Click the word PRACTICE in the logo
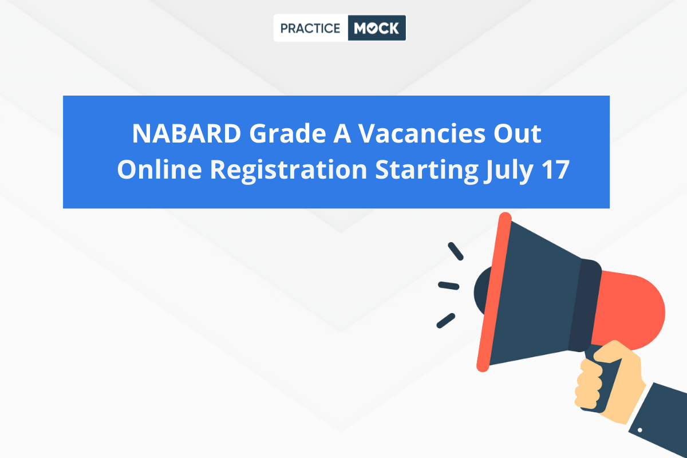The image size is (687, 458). [310, 29]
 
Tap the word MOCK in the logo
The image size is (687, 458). [376, 28]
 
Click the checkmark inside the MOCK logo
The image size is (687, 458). [372, 29]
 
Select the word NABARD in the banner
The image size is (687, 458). [187, 133]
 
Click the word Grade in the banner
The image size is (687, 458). [287, 134]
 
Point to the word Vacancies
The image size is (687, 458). [422, 134]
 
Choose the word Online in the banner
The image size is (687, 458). [160, 169]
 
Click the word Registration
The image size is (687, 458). [289, 171]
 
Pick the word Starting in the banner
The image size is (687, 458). [427, 171]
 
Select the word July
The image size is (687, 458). [508, 171]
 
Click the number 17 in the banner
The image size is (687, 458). [555, 169]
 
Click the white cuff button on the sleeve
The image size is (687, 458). [639, 430]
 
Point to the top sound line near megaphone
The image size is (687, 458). [456, 251]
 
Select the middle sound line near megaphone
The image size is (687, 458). [448, 286]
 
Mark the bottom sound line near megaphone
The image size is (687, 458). [445, 321]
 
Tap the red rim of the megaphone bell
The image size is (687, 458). [493, 291]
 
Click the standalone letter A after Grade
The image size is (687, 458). [342, 133]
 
